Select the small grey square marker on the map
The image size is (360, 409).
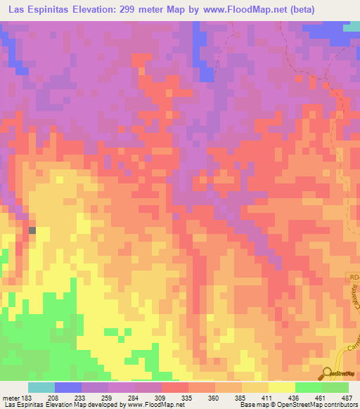32,230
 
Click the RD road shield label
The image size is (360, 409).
352,278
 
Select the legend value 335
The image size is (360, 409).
188,398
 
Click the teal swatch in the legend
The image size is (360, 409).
41,387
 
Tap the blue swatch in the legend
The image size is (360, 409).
68,387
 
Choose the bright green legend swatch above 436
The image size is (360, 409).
308,387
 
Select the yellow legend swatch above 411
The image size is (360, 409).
281,387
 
